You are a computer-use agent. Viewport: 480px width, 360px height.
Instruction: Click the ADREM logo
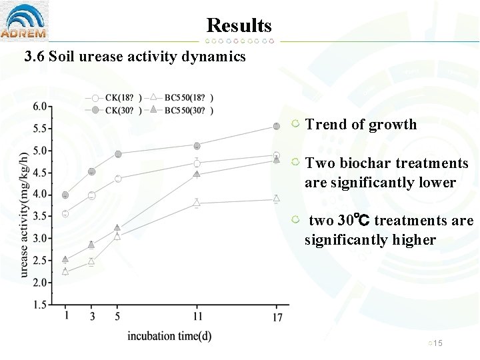[x=24, y=21]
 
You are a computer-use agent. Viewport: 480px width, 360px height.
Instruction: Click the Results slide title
[x=239, y=25]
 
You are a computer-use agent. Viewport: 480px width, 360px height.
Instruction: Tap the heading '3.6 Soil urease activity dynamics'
[x=135, y=57]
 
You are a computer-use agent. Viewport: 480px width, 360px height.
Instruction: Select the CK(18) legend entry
[x=116, y=98]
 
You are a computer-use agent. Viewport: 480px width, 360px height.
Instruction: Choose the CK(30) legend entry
[x=116, y=110]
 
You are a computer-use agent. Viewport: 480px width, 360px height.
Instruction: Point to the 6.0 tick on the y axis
[x=40, y=107]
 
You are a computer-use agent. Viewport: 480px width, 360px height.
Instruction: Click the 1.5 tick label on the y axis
[x=40, y=305]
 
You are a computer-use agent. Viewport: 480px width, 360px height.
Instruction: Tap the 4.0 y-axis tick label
[x=40, y=195]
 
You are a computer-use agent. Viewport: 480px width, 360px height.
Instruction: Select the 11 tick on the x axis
[x=197, y=315]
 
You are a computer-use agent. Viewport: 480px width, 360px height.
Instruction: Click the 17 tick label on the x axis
[x=277, y=317]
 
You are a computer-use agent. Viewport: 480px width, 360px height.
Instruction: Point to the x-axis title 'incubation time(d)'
[x=169, y=336]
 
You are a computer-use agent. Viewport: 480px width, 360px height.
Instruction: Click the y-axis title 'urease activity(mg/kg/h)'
[x=24, y=213]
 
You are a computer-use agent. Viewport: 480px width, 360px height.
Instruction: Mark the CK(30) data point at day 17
[x=277, y=126]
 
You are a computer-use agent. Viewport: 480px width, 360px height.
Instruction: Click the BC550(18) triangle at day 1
[x=65, y=271]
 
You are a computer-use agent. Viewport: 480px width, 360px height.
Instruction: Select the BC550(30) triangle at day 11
[x=197, y=175]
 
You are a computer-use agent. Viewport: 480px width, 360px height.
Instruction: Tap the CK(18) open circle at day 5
[x=118, y=179]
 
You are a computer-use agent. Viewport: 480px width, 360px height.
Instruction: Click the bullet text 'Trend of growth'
[x=361, y=125]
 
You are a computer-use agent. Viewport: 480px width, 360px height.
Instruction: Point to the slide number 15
[x=438, y=343]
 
